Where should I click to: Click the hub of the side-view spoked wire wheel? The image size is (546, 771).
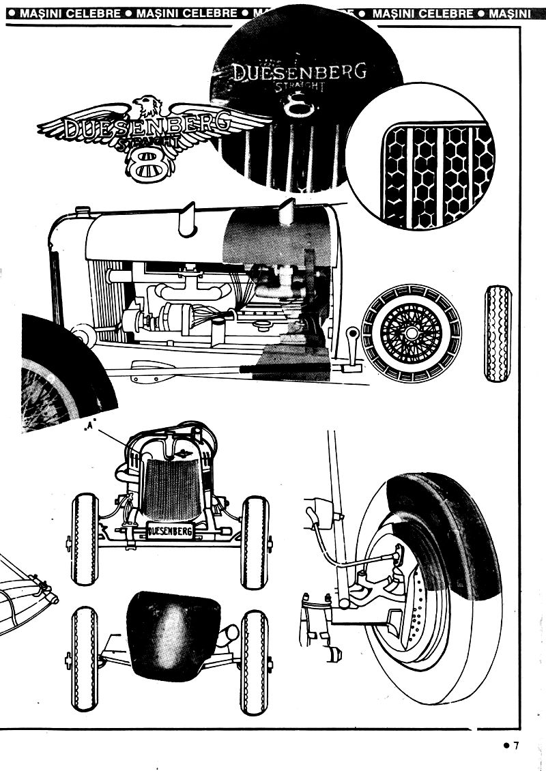coord(411,333)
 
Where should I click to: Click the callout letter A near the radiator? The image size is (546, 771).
coord(90,427)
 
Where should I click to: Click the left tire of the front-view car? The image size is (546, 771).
coord(85,538)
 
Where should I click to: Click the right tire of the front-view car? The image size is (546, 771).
coord(255,539)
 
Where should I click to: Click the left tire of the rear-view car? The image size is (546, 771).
coord(85,661)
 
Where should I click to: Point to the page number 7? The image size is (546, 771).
coord(517,746)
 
